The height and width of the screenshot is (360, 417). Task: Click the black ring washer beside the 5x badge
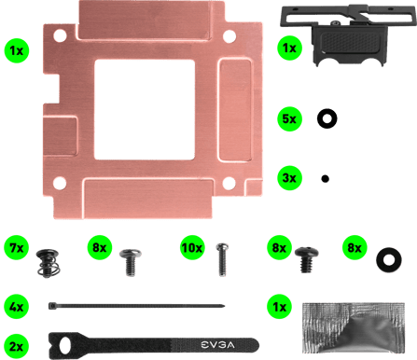tap(327, 118)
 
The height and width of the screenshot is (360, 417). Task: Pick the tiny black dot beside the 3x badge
tap(325, 176)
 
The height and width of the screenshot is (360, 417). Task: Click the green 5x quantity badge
tap(289, 119)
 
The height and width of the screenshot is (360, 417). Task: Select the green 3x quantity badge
tap(289, 175)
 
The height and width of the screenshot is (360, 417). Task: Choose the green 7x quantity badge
tap(15, 249)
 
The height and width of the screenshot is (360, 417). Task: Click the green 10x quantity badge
tap(192, 249)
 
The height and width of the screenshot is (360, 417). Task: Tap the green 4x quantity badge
tap(15, 305)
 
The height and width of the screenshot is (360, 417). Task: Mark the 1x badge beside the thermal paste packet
tap(277, 306)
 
